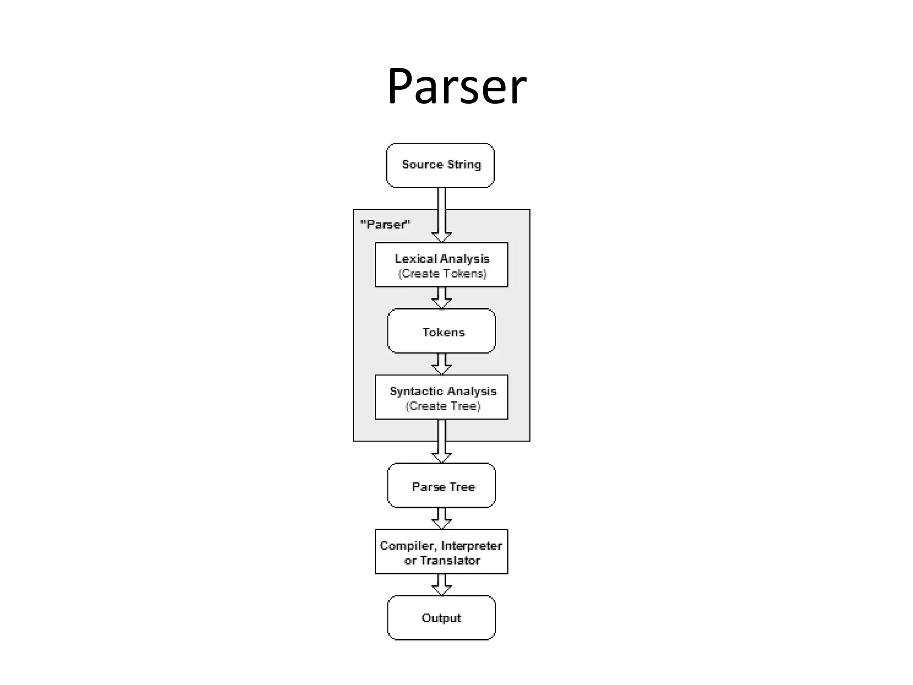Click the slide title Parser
coord(456,86)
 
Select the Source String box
coord(440,165)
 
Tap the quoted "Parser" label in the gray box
coord(385,224)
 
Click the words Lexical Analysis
coord(442,259)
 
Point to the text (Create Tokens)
coord(442,274)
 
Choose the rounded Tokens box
coord(441,331)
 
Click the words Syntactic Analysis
coord(443,391)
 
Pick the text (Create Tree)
coord(443,406)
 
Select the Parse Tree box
coord(441,486)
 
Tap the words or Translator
coord(442,561)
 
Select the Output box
coord(441,618)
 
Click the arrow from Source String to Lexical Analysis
coord(441,214)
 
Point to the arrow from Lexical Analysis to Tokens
coord(441,298)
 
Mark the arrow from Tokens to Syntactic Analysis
coord(441,364)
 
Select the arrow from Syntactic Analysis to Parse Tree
coord(441,442)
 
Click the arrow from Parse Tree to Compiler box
coord(441,518)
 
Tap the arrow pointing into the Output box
coord(441,585)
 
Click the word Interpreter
coord(471,546)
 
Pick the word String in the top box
coord(464,165)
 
